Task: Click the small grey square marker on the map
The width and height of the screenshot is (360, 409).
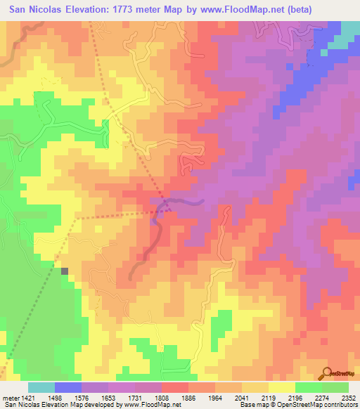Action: click(x=65, y=271)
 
